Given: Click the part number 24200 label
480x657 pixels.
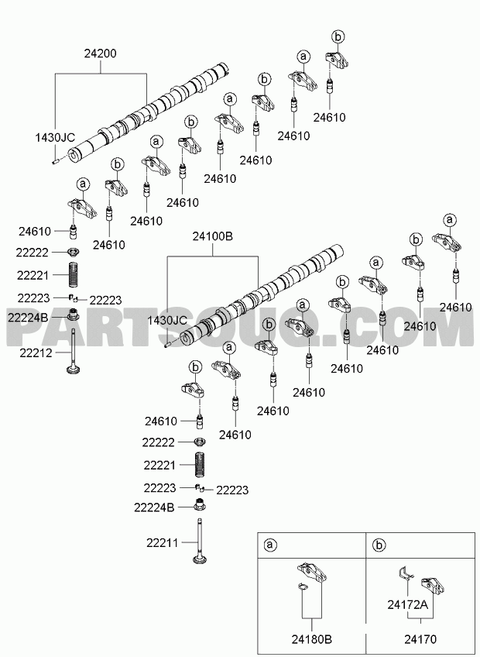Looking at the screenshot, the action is coord(101,53).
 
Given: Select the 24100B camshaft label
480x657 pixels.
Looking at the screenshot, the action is coord(212,237).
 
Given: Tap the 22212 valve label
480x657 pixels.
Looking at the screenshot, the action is coord(36,353).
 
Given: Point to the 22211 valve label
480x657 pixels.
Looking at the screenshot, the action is coord(163,543).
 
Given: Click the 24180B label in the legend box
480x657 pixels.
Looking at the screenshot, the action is coord(312,639).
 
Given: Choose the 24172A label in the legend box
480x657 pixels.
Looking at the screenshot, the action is coord(407,604).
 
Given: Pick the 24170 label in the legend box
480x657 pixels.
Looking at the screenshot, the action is coord(420,639).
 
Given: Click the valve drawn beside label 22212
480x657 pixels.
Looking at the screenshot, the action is coord(74,352).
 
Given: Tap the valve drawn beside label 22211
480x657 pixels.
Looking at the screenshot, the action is coord(201,542).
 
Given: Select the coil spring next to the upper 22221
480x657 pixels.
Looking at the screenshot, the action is coord(74,274).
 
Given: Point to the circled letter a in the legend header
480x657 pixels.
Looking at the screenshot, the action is coord(270,545).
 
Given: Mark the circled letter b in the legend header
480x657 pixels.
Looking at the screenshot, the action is coord(379,545).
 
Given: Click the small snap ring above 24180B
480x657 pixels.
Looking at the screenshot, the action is coord(303,587).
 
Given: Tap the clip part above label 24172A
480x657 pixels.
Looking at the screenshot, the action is coord(406,573).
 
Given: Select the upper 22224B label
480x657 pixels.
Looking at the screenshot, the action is coord(28,317).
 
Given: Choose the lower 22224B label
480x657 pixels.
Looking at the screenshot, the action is coord(154,507).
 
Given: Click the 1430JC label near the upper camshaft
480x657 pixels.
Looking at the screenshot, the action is coord(55,137).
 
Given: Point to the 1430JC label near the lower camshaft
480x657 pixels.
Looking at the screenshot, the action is coord(167,321).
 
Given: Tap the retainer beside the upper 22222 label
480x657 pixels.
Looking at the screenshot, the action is coord(74,251).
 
